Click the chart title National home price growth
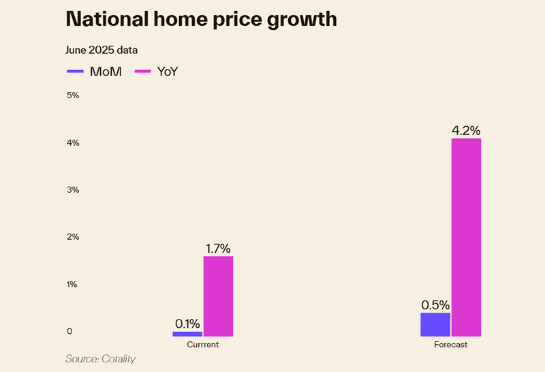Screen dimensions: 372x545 [x=201, y=19]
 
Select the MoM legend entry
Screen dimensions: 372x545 [x=95, y=71]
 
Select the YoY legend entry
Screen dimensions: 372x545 [x=157, y=71]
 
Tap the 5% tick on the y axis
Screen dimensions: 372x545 [x=72, y=95]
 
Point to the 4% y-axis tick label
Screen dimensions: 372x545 [x=72, y=142]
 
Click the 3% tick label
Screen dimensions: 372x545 [x=72, y=189]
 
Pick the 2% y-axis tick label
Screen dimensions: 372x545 [x=72, y=237]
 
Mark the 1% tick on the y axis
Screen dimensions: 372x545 [x=72, y=284]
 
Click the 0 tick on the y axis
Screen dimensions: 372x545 [x=69, y=332]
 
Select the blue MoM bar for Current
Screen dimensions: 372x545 [x=187, y=334]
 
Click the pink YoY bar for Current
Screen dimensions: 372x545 [x=218, y=296]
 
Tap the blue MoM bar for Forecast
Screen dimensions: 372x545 [x=435, y=324]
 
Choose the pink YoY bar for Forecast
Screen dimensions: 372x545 [x=466, y=237]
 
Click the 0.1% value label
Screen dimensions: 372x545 [x=187, y=323]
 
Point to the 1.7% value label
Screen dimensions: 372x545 [x=219, y=248]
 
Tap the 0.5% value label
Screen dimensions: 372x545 [x=435, y=305]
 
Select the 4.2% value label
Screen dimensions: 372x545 [x=466, y=130]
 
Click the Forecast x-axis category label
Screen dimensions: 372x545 [x=451, y=345]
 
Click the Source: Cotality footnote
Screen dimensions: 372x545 [x=100, y=358]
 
